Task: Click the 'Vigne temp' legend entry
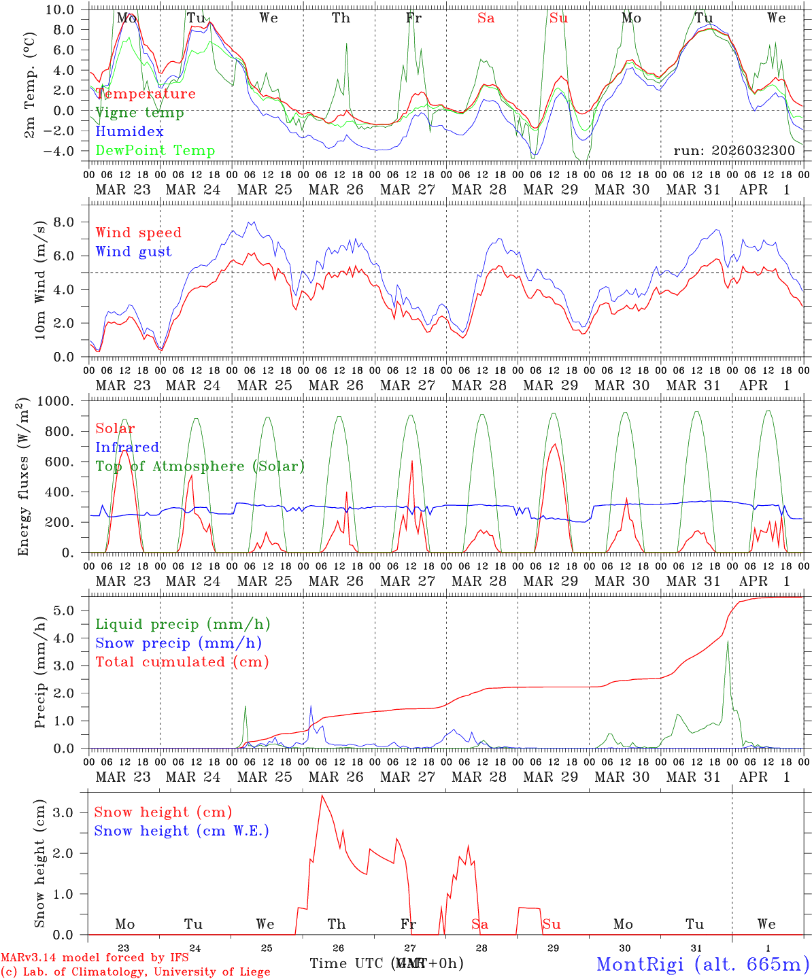pyautogui.click(x=139, y=113)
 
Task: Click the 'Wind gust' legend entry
pyautogui.click(x=133, y=252)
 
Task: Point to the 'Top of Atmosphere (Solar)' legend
pyautogui.click(x=199, y=466)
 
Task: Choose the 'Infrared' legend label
pyautogui.click(x=127, y=447)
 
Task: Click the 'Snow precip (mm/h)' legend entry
pyautogui.click(x=178, y=643)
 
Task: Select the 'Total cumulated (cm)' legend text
pyautogui.click(x=182, y=662)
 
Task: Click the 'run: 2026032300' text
pyautogui.click(x=734, y=150)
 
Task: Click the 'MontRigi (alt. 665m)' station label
pyautogui.click(x=703, y=964)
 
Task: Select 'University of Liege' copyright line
pyautogui.click(x=135, y=972)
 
